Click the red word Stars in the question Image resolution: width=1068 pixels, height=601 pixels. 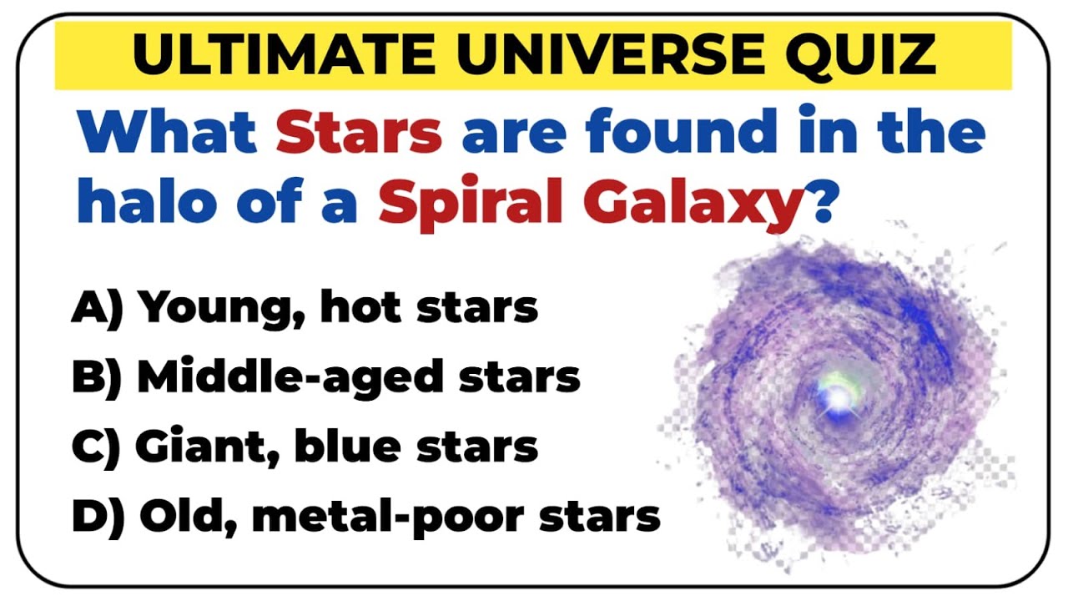tap(359, 134)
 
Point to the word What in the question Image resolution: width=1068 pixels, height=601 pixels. tap(167, 134)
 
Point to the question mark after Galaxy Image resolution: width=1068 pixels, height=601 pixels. tap(822, 203)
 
